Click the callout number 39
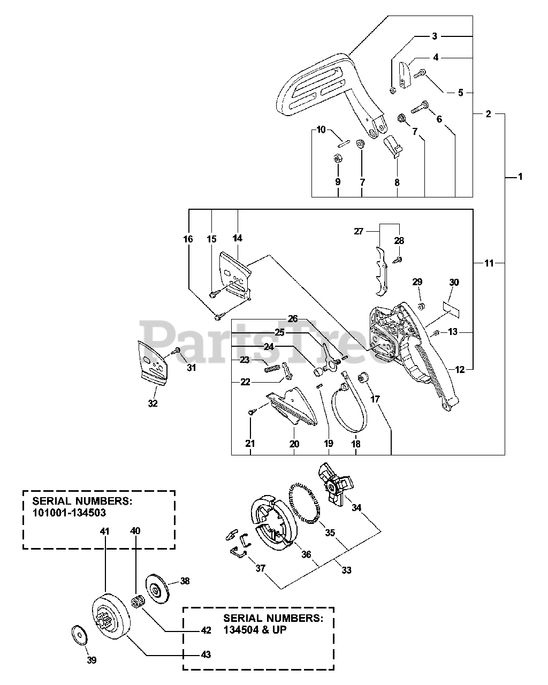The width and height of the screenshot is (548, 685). pyautogui.click(x=92, y=660)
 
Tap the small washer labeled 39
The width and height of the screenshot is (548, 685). pyautogui.click(x=80, y=636)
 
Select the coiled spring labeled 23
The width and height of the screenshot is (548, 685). pyautogui.click(x=272, y=369)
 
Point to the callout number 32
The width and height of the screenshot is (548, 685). pyautogui.click(x=153, y=404)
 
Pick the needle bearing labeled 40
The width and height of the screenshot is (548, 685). pyautogui.click(x=138, y=603)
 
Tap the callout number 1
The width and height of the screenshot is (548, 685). pyautogui.click(x=520, y=177)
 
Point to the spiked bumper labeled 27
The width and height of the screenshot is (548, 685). pyautogui.click(x=381, y=271)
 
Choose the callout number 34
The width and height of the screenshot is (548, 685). pyautogui.click(x=356, y=508)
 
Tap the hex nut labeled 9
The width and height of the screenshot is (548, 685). pyautogui.click(x=338, y=158)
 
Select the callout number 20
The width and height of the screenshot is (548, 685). pyautogui.click(x=294, y=444)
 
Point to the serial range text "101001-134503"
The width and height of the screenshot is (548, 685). pyautogui.click(x=69, y=513)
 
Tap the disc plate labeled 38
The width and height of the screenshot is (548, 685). pyautogui.click(x=157, y=589)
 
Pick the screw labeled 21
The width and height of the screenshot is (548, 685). pyautogui.click(x=251, y=412)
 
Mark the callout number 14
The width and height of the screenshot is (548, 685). pyautogui.click(x=237, y=239)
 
